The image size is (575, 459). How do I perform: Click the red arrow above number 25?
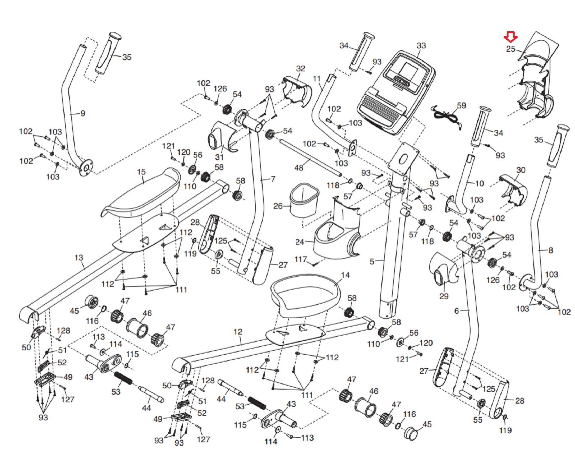[x=510, y=37]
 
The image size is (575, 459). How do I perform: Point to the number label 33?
[x=421, y=46]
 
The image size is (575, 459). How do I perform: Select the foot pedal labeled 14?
[x=305, y=293]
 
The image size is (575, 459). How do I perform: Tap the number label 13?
[x=79, y=258]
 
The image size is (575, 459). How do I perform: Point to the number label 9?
[x=83, y=114]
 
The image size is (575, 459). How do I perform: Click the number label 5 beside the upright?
[x=372, y=262]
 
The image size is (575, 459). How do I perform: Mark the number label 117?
[x=300, y=259]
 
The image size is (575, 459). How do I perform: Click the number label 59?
[x=461, y=106]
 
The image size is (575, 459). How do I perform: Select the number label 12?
[x=238, y=332]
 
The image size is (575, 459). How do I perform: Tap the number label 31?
[x=219, y=157]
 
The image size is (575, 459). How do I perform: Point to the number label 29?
[x=444, y=296]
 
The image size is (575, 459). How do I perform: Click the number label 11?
[x=317, y=79]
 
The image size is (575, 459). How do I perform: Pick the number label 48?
[x=299, y=168]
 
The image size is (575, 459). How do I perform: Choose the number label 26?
[x=278, y=206]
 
